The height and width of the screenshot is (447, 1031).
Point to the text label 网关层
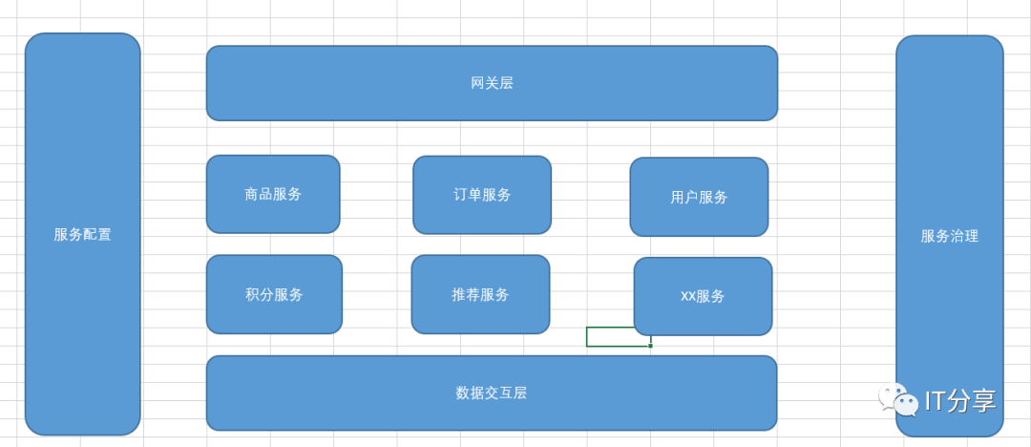coord(492,83)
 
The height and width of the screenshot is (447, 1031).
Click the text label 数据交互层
coord(492,393)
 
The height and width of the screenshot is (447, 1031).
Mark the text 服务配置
coord(82,234)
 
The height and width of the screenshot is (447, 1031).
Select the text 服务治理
coord(949,236)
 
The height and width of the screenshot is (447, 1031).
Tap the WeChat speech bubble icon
coord(897,399)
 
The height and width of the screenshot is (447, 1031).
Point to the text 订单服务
coord(482,195)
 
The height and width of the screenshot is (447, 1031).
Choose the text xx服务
coord(703,296)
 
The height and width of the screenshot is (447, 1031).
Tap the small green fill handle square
coord(650,346)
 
